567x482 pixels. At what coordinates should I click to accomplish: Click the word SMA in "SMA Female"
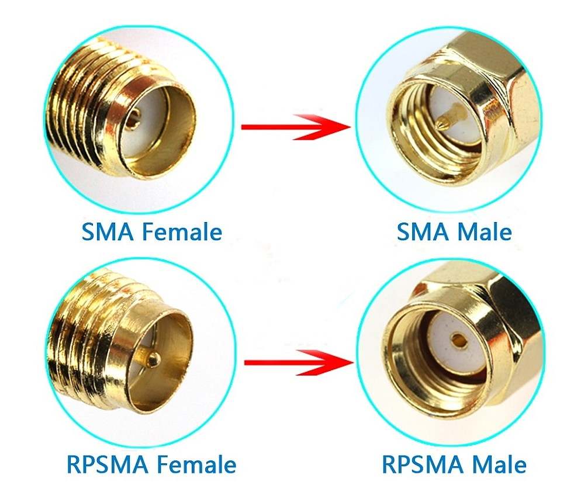pyautogui.click(x=107, y=231)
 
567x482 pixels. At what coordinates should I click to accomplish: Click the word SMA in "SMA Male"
pyautogui.click(x=423, y=231)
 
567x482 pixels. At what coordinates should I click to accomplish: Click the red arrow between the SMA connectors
pyautogui.click(x=296, y=127)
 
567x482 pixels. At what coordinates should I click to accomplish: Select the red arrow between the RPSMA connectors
pyautogui.click(x=299, y=362)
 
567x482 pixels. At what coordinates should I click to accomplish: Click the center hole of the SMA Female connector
pyautogui.click(x=135, y=119)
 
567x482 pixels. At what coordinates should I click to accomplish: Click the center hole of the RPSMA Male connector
pyautogui.click(x=459, y=339)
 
